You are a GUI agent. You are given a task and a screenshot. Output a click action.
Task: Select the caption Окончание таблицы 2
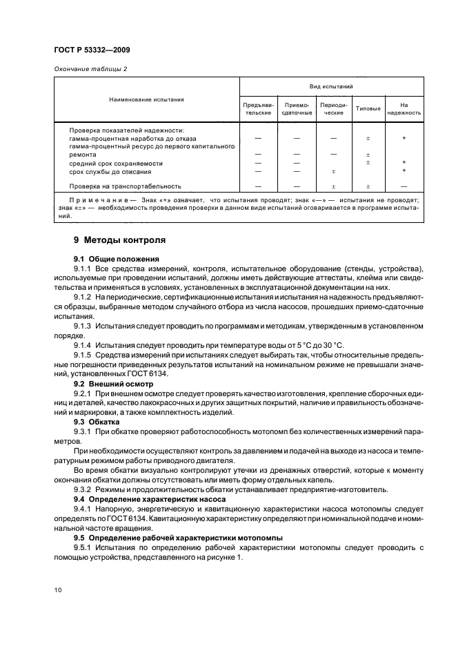pyautogui.click(x=90, y=69)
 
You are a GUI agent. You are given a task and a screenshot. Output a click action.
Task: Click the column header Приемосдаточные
pyautogui.click(x=296, y=108)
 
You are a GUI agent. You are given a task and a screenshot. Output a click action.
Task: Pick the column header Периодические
pyautogui.click(x=333, y=108)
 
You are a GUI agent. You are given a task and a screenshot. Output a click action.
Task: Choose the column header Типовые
pyautogui.click(x=368, y=108)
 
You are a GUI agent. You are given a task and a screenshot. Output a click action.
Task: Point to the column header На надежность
pyautogui.click(x=404, y=108)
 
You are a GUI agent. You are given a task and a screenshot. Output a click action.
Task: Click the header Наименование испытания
pyautogui.click(x=146, y=99)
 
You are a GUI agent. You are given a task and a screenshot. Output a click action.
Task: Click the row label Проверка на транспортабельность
pyautogui.click(x=125, y=186)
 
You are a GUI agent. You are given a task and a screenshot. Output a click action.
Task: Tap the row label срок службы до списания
pyautogui.click(x=111, y=170)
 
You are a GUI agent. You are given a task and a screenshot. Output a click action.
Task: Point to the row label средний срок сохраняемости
pyautogui.click(x=116, y=163)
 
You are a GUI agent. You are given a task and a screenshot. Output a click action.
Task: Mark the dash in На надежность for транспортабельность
pyautogui.click(x=404, y=186)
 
